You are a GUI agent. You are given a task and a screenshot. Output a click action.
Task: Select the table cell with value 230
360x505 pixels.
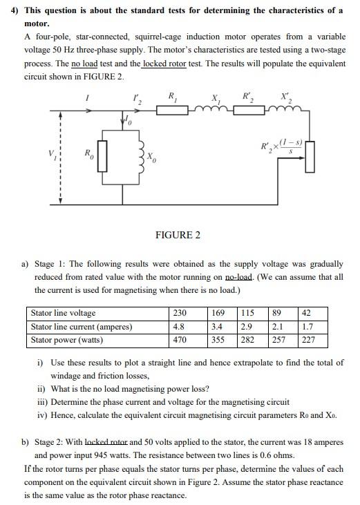[x=179, y=313]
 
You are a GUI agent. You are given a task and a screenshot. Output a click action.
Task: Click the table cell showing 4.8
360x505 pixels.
[x=178, y=326]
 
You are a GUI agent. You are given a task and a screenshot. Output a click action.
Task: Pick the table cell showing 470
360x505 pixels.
[x=179, y=340]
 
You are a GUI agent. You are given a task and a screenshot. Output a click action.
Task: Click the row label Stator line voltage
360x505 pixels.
[x=64, y=313]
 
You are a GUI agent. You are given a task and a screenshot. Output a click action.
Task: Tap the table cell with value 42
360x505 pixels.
[x=308, y=313]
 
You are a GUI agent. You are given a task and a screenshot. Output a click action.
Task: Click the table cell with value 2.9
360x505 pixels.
[x=246, y=326]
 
